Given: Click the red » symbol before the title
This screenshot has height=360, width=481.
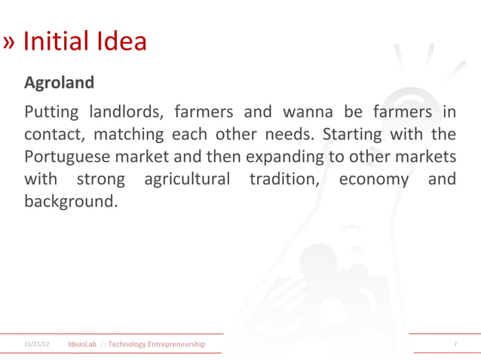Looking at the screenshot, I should click(9, 42).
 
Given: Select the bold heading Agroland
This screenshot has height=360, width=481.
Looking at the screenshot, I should click(60, 82).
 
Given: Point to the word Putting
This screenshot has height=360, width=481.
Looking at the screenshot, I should click(51, 114).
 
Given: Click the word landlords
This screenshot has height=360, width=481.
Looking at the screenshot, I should click(124, 114).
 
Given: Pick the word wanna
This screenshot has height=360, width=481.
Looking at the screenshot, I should click(308, 114).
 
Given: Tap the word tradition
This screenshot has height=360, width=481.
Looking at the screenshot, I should click(283, 180).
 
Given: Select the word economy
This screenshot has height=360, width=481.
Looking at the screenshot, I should click(374, 180).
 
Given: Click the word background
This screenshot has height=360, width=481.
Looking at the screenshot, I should click(70, 202).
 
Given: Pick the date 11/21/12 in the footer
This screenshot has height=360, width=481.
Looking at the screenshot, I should click(36, 344).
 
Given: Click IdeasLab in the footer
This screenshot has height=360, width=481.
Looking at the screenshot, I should click(82, 344).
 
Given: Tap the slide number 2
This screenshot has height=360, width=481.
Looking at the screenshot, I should click(455, 344).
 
